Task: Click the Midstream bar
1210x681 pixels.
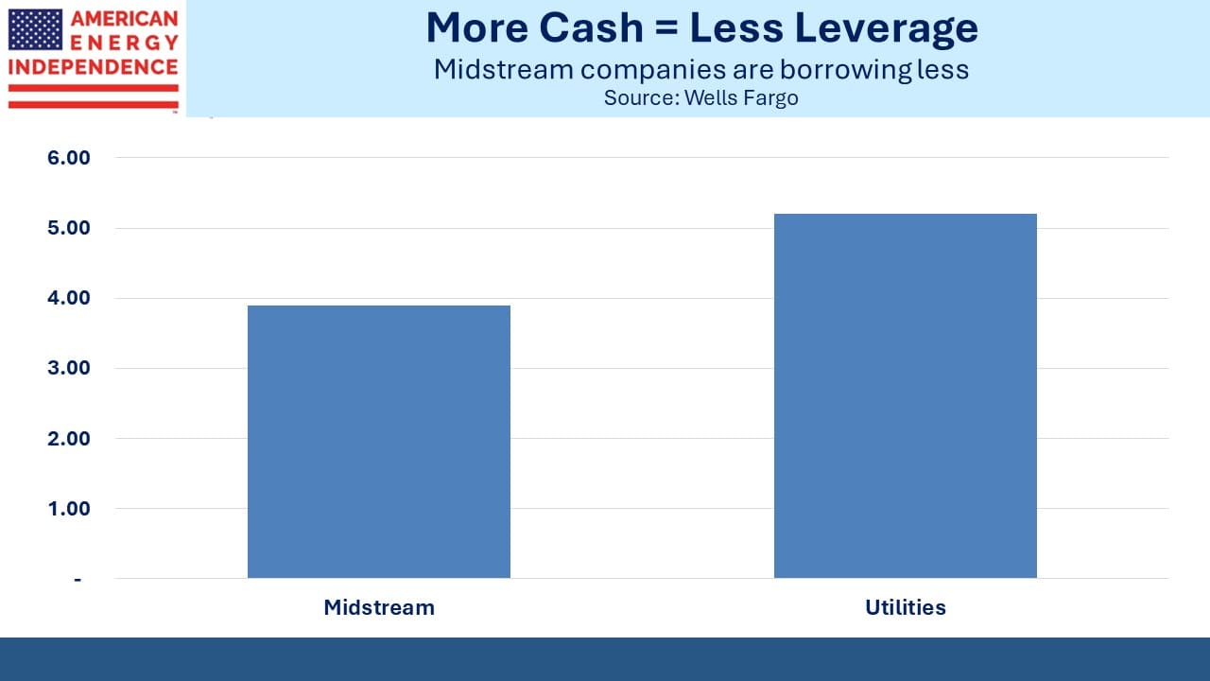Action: point(379,442)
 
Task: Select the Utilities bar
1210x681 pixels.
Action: point(906,395)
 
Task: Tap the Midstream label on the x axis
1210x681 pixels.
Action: point(379,607)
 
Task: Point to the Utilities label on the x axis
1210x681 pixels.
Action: point(906,607)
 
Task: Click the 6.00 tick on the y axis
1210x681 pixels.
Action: point(69,158)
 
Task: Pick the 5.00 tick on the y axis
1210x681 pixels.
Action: point(69,228)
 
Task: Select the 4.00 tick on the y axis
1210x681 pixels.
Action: point(69,298)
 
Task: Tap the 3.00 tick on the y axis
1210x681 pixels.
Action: point(69,368)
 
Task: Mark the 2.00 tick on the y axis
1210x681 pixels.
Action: point(69,438)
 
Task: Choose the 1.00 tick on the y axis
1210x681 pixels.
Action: point(69,509)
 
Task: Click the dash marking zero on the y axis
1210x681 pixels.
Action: point(78,580)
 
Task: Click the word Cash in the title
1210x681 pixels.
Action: point(591,27)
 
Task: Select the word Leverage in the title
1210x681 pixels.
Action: point(886,29)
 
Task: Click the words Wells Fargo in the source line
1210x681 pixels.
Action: point(741,98)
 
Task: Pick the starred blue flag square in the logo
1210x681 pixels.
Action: point(35,29)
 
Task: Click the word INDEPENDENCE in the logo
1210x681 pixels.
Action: point(93,67)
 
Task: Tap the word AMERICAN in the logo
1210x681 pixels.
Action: point(124,18)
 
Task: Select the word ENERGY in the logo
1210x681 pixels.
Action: point(124,43)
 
